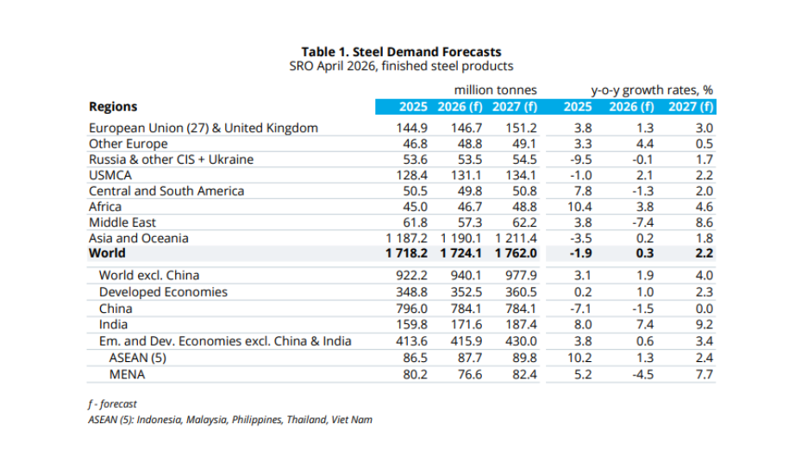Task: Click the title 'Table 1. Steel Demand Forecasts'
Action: click(x=401, y=52)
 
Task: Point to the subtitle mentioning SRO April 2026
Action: click(x=401, y=66)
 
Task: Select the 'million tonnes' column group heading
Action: click(x=495, y=90)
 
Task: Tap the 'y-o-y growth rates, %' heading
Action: click(x=652, y=90)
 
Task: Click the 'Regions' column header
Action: click(x=113, y=107)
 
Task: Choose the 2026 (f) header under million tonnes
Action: click(x=461, y=107)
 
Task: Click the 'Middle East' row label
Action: click(x=122, y=222)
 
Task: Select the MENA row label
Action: click(x=127, y=374)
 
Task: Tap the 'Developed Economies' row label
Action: click(x=163, y=291)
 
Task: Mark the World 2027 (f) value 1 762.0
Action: click(x=516, y=253)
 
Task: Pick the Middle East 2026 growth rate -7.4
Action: click(x=640, y=222)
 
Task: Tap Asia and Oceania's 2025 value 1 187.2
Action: click(x=402, y=238)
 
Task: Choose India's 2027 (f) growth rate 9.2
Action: click(x=704, y=324)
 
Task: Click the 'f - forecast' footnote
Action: click(x=112, y=403)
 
